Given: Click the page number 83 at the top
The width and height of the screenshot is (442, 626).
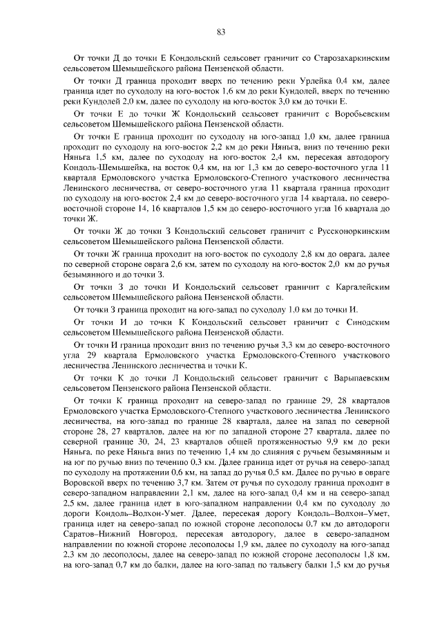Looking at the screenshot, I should (221, 31).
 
